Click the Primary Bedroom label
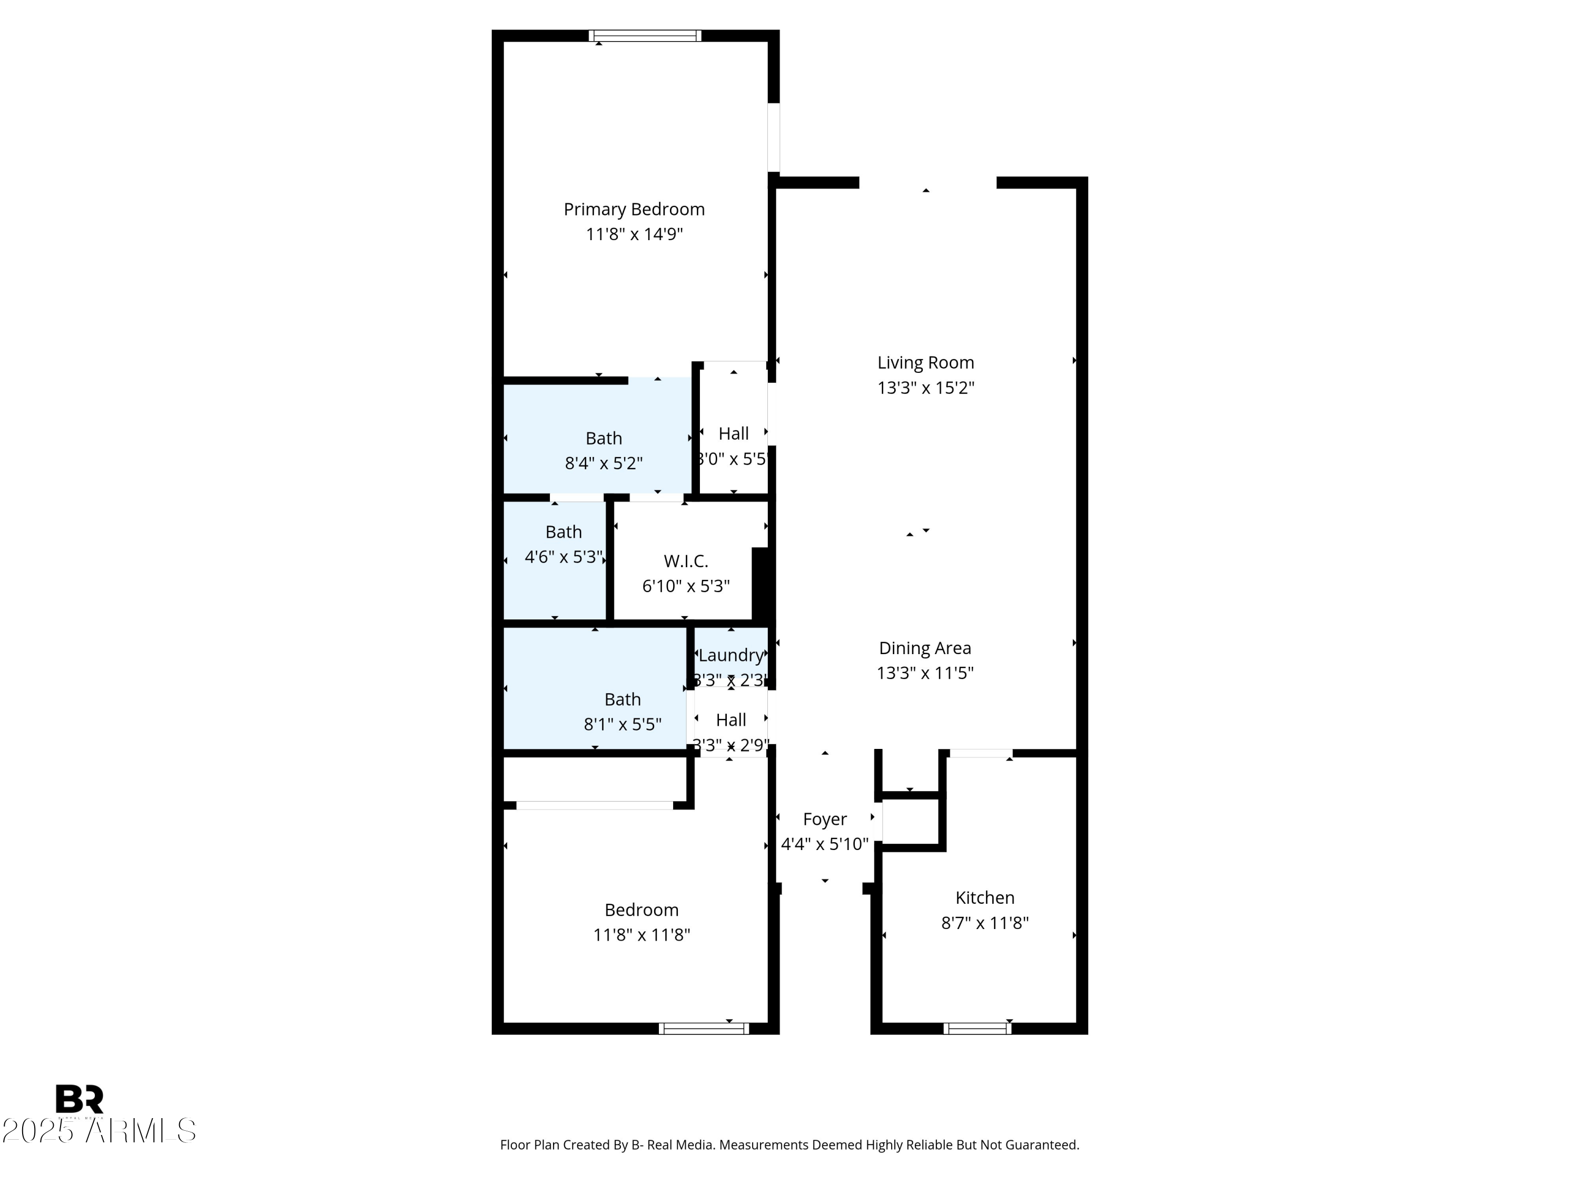[x=634, y=209]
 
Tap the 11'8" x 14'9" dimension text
[x=634, y=234]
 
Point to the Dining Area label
[x=924, y=648]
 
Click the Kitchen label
[x=984, y=898]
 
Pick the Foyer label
[x=824, y=819]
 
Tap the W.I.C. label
[x=686, y=561]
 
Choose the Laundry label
[x=730, y=655]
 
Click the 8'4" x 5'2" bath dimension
[x=604, y=463]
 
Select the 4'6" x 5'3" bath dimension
[x=564, y=557]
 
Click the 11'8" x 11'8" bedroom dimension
[x=641, y=935]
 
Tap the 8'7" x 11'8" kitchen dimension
[x=984, y=923]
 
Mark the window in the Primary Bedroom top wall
[x=645, y=36]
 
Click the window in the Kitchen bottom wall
[x=977, y=1029]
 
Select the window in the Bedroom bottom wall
[x=704, y=1029]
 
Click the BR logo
[x=80, y=1099]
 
